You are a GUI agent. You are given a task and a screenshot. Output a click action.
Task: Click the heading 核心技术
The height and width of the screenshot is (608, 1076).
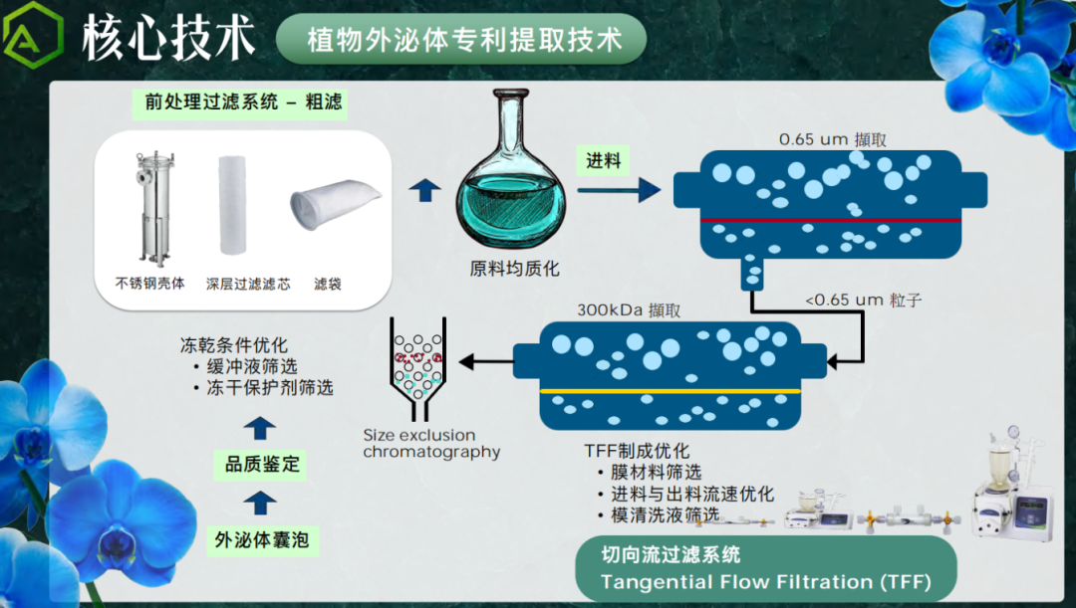click(169, 37)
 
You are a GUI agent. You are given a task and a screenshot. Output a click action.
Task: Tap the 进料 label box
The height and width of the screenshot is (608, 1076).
click(604, 161)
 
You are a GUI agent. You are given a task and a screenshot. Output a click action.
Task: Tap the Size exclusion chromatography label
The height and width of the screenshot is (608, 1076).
click(430, 444)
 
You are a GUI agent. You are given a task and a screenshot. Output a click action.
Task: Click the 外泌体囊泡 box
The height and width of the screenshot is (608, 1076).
click(261, 541)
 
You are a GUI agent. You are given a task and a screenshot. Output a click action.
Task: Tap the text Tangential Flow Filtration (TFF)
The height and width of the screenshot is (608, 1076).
click(766, 581)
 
